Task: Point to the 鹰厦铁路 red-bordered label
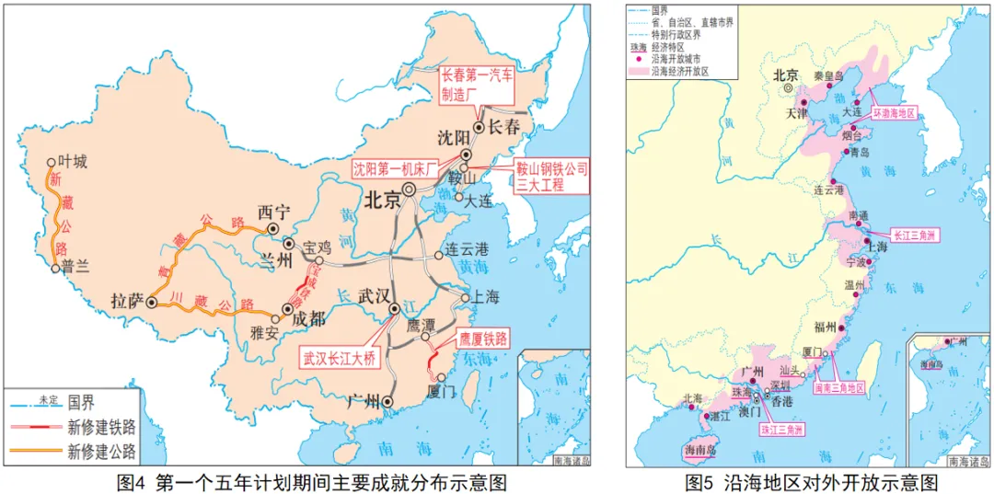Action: click(x=483, y=339)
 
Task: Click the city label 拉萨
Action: click(x=127, y=301)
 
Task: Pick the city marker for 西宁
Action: click(x=272, y=229)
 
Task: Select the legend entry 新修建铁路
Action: click(x=101, y=426)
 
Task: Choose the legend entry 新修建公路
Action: click(x=101, y=451)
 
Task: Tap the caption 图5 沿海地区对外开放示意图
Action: click(x=811, y=481)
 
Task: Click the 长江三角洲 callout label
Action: click(x=914, y=236)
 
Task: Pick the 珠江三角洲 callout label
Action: click(x=781, y=429)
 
